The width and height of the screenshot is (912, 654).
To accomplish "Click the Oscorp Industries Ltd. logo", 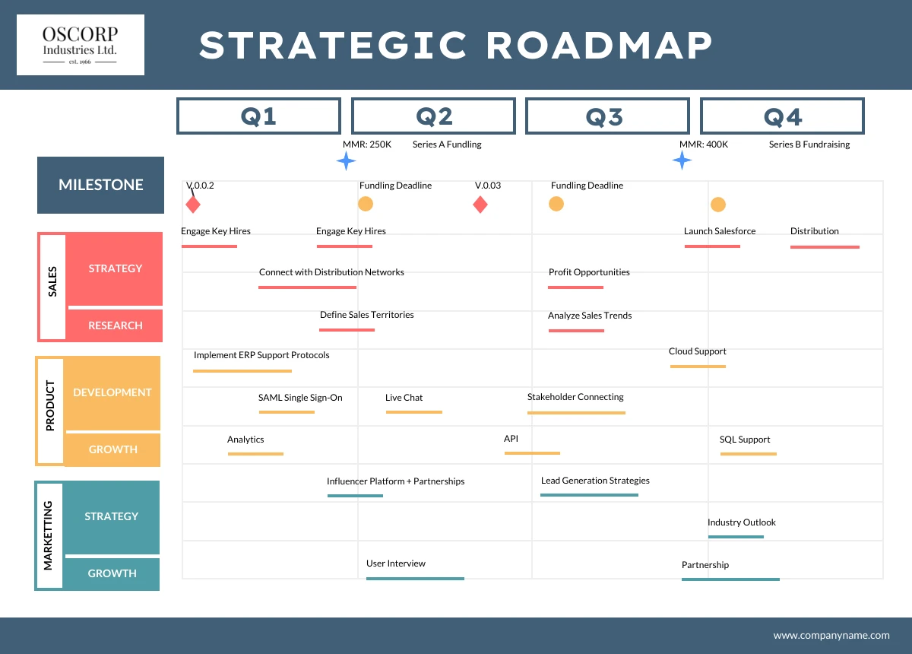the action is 81,45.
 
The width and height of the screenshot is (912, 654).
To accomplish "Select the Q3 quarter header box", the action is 607,116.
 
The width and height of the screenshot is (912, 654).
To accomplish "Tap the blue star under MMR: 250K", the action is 346,161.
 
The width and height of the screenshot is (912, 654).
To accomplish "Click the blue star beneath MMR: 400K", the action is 682,160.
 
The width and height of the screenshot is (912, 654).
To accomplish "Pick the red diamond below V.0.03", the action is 480,205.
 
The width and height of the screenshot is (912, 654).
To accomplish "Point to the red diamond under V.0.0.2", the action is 193,205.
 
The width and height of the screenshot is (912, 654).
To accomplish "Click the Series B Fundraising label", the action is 809,144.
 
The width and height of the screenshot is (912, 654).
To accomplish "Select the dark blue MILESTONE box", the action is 100,185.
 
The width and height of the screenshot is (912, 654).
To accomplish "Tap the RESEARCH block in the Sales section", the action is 116,325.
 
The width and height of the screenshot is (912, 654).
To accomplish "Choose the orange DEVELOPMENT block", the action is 112,392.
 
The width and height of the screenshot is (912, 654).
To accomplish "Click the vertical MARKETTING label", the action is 49,535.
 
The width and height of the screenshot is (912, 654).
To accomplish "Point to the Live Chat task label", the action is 404,397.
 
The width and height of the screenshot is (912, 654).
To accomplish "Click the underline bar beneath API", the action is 532,453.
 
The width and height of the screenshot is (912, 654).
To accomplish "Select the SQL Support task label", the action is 745,440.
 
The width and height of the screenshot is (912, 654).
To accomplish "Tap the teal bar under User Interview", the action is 415,579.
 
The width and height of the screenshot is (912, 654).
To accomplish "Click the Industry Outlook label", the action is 742,522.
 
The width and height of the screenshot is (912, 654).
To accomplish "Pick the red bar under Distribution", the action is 825,247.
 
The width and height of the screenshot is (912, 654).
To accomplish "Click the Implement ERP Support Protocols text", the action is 261,355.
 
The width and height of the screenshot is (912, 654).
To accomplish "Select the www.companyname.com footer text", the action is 831,635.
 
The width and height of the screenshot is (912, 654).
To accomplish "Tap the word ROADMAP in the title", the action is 600,45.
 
